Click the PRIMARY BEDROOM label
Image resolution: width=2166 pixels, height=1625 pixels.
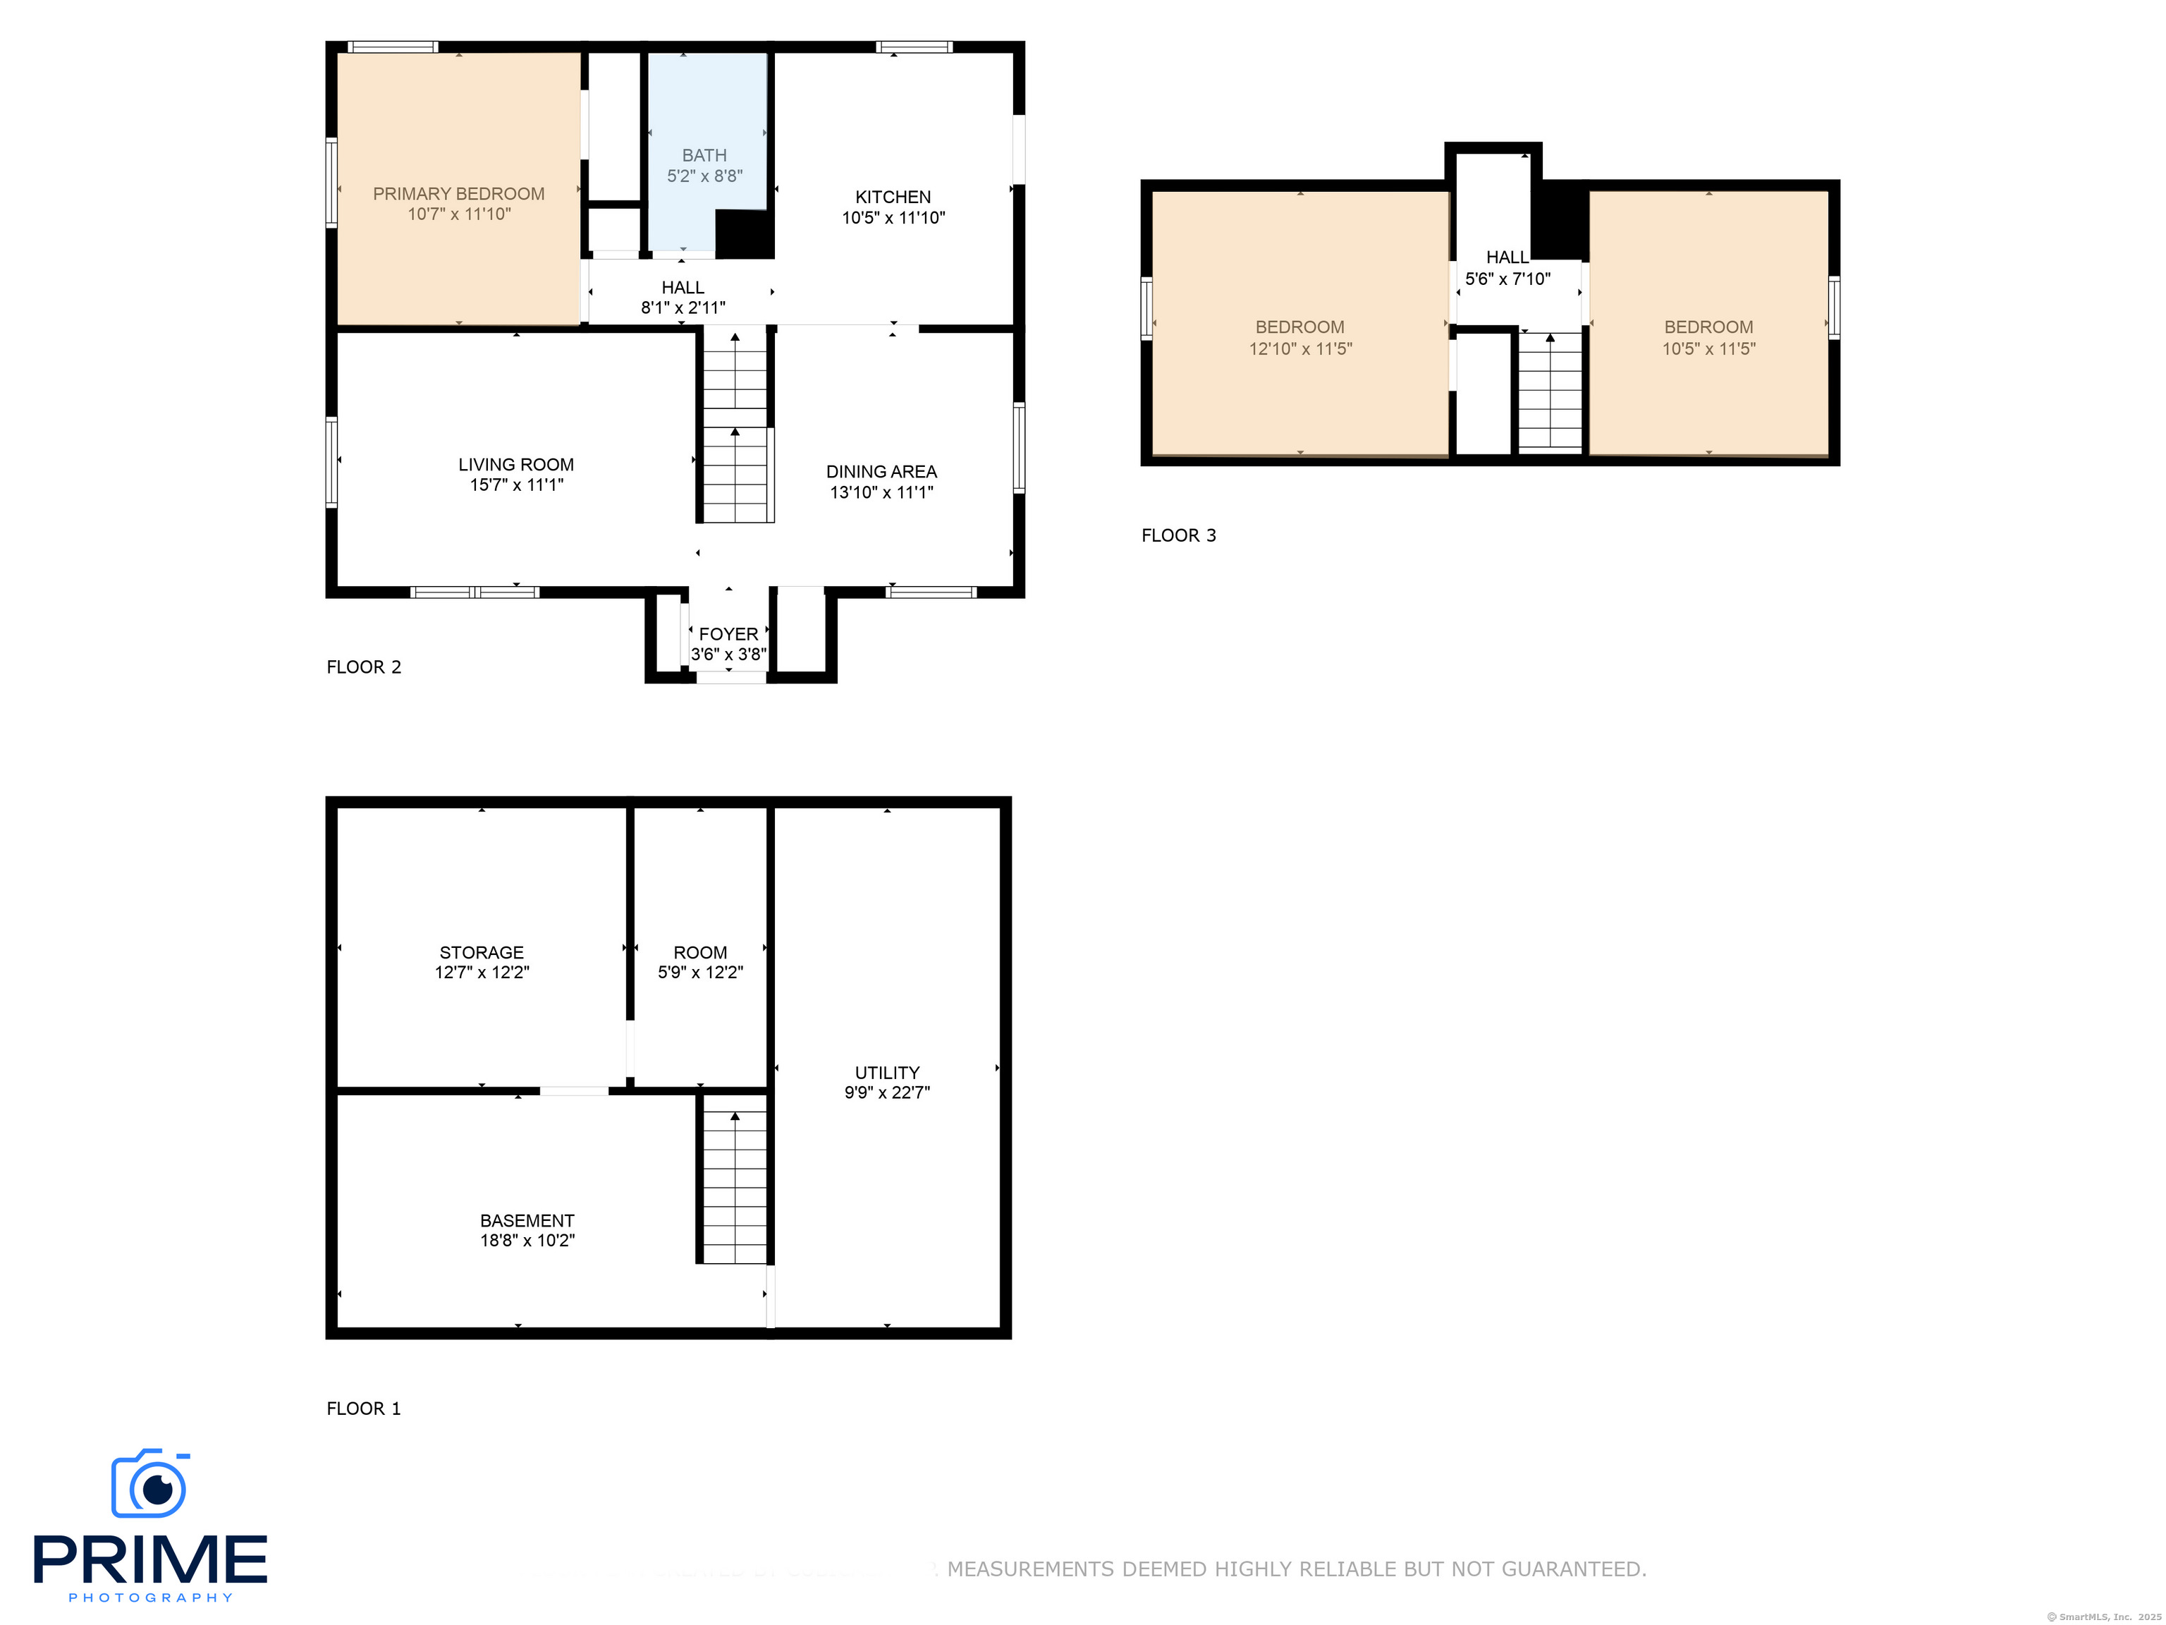(x=458, y=194)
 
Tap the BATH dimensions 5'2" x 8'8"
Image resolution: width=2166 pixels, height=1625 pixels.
(x=704, y=176)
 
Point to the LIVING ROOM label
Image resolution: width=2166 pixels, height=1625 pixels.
(x=516, y=464)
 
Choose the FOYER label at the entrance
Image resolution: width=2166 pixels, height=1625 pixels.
(x=728, y=634)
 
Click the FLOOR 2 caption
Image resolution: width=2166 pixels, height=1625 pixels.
(x=363, y=667)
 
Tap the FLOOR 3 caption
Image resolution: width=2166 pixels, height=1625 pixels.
(x=1178, y=535)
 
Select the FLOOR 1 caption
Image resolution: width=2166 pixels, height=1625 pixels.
(x=363, y=1408)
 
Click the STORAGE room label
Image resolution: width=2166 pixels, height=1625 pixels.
(x=481, y=952)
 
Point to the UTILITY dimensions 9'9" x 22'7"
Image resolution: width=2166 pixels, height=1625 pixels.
(x=886, y=1092)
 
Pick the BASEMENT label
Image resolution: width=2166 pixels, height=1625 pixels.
(x=527, y=1220)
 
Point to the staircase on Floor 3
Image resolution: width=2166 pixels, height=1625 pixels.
(x=1549, y=392)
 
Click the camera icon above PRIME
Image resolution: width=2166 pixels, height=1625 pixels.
(x=149, y=1484)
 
